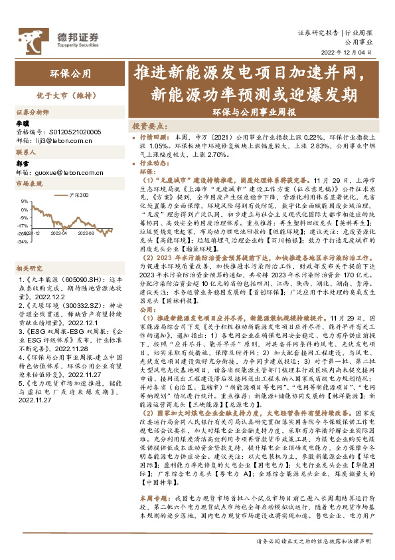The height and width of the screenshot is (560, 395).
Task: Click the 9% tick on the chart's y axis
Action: [x=24, y=200]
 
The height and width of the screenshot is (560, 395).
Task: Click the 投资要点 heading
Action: [x=148, y=125]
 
